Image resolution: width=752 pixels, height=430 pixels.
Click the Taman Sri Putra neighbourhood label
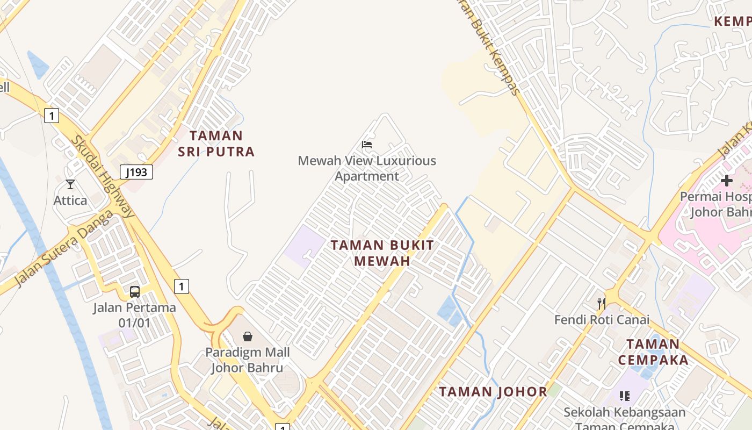(x=216, y=144)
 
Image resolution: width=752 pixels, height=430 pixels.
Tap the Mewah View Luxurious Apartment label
(x=367, y=168)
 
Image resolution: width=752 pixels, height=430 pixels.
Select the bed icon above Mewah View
(x=367, y=144)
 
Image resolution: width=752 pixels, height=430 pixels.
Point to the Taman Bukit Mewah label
(x=382, y=253)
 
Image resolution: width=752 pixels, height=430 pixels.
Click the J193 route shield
(x=136, y=172)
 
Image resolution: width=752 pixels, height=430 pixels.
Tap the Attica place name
(x=70, y=200)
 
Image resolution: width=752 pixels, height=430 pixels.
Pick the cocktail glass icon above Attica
(x=70, y=184)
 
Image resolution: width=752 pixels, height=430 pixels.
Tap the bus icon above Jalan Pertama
(x=135, y=292)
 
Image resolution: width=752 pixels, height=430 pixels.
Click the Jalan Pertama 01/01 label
(x=134, y=316)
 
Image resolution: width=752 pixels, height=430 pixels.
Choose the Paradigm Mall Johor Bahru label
(x=247, y=360)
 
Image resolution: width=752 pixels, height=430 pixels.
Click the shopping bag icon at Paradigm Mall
(x=248, y=336)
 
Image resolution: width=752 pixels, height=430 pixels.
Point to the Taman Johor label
(x=493, y=392)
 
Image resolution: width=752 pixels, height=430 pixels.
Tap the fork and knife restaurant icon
(x=602, y=304)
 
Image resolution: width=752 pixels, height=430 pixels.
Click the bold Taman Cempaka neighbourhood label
(x=653, y=352)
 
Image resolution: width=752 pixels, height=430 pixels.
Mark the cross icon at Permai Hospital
(x=727, y=181)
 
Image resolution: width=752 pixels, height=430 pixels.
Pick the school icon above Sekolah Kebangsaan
(x=624, y=396)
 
